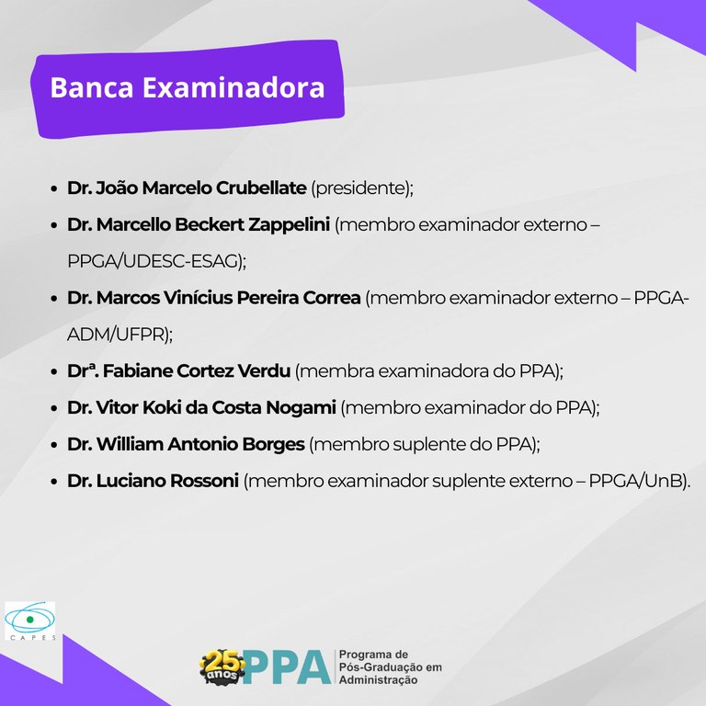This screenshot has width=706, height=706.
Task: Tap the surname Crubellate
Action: (261, 188)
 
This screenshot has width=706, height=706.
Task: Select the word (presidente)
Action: (362, 188)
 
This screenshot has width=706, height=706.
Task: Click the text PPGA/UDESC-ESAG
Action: (155, 261)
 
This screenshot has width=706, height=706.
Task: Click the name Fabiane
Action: (137, 371)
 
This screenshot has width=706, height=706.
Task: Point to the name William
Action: (131, 444)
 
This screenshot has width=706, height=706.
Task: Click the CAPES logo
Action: (29, 622)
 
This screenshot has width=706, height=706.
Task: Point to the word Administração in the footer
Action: (379, 680)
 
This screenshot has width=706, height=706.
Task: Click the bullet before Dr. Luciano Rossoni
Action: (54, 481)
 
